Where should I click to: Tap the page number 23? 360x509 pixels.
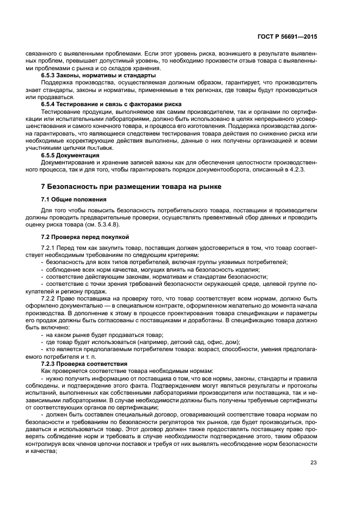[314, 463]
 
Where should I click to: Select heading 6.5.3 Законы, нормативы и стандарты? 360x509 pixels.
[99, 75]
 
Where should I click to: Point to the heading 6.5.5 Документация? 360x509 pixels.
[75, 155]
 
